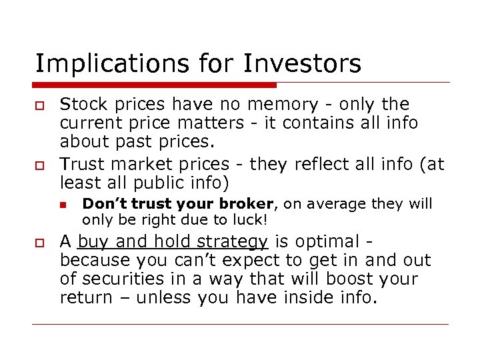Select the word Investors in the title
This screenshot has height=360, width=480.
tap(303, 64)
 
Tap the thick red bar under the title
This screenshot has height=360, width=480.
tap(154, 85)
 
